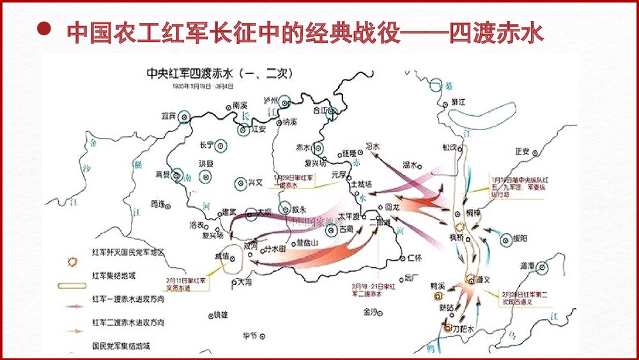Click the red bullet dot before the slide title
click(44, 29)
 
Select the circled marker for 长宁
click(221, 145)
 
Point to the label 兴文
click(255, 182)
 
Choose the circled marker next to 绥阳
click(506, 240)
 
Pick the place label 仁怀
click(415, 258)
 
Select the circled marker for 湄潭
click(543, 266)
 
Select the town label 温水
click(410, 164)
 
